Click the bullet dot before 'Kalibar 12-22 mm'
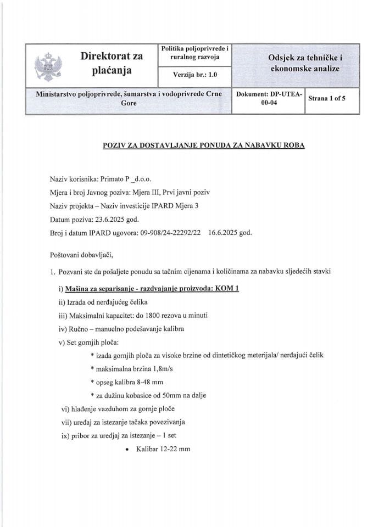click(x=127, y=449)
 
